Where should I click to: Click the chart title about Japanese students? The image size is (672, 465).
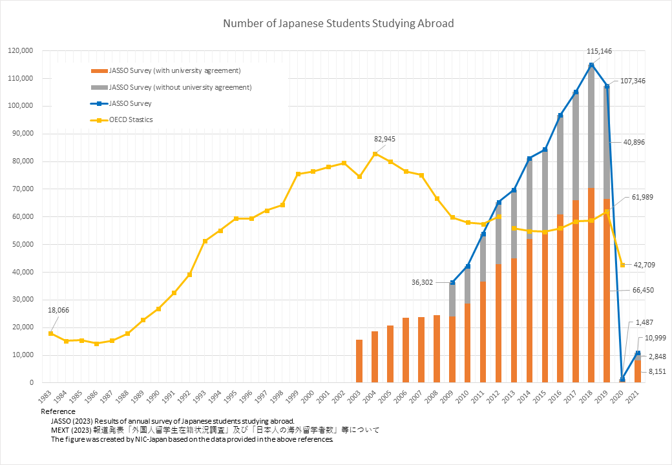339,24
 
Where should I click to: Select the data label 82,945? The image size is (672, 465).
386,139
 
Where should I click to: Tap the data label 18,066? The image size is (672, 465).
58,310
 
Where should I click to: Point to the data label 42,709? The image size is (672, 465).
646,265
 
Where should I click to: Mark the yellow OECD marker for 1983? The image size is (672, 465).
51,333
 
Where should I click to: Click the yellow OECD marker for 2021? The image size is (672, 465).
622,265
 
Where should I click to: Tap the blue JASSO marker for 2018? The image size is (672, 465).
591,65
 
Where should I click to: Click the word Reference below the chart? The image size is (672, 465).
58,411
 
